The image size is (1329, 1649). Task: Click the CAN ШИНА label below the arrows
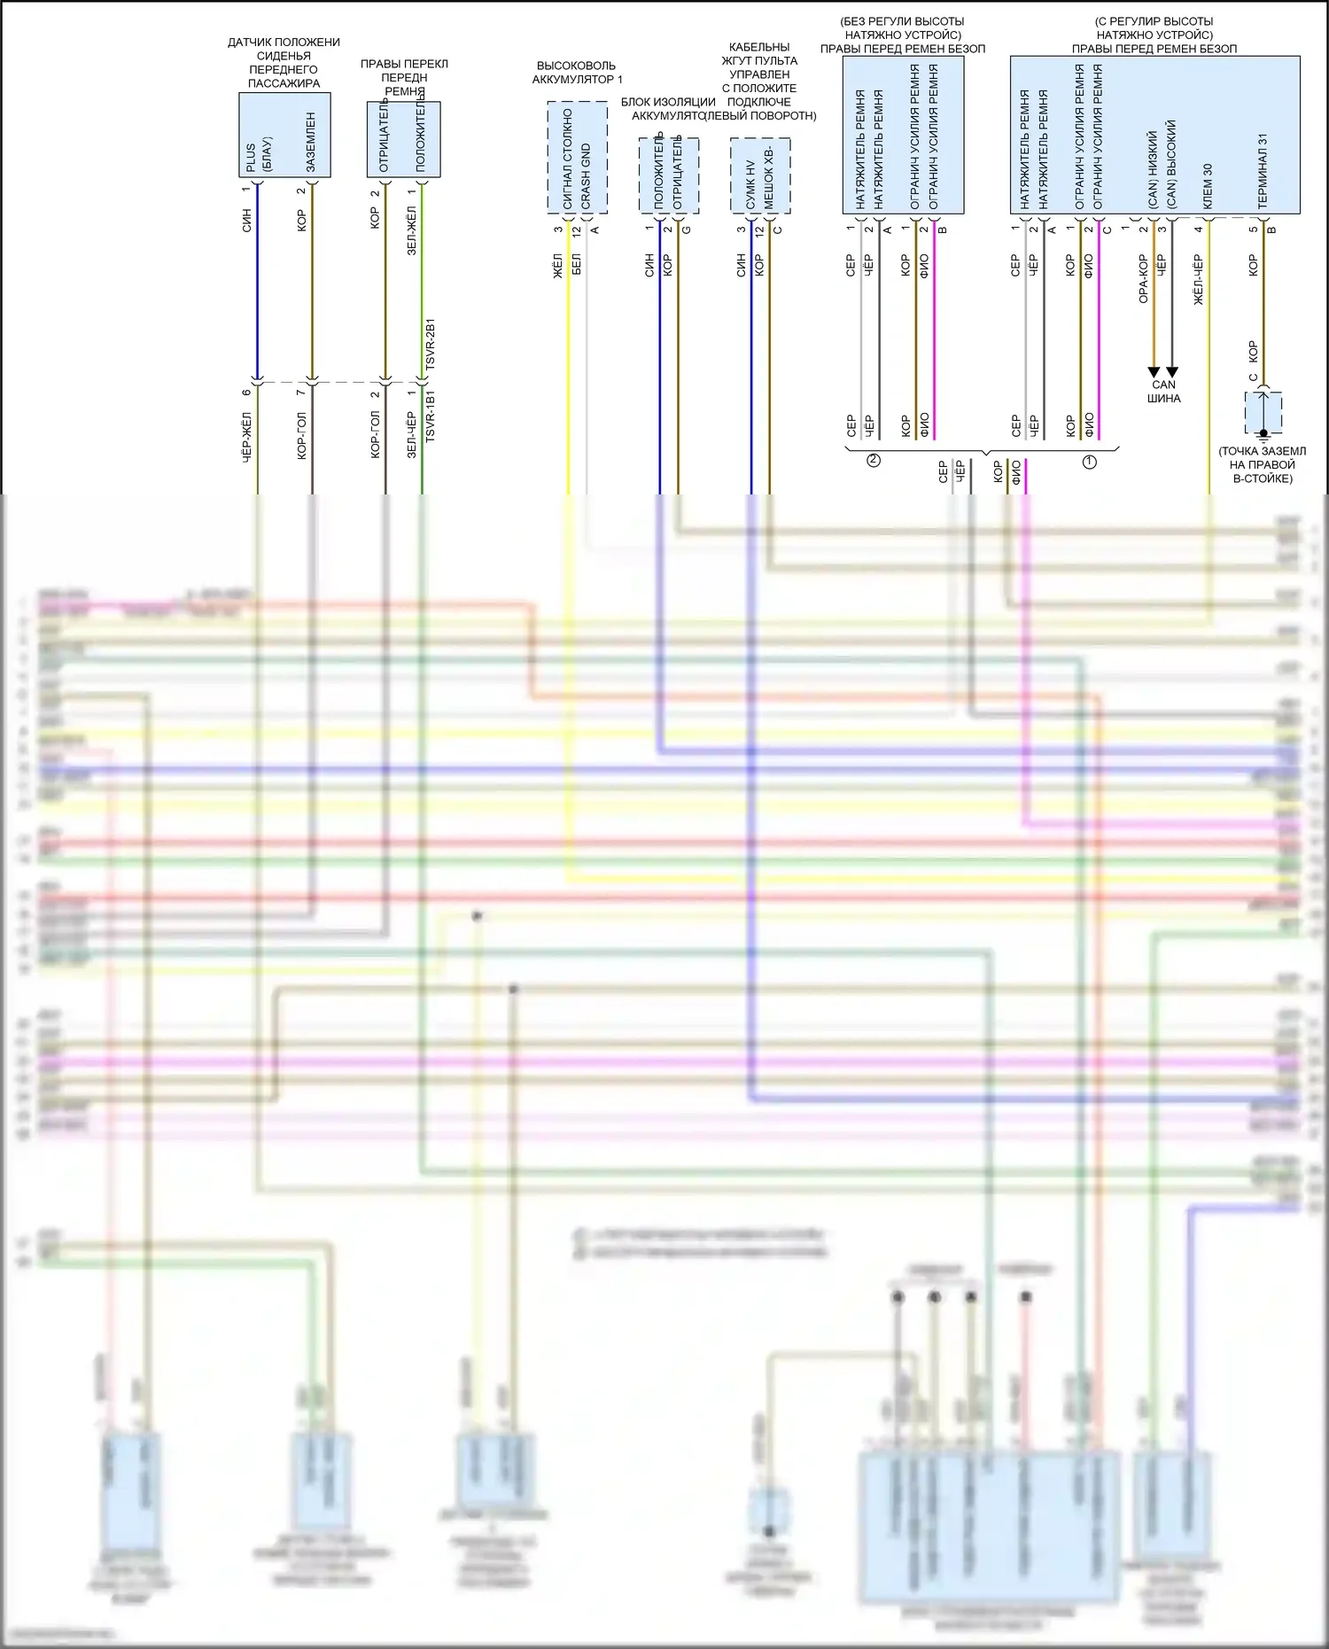tap(1163, 392)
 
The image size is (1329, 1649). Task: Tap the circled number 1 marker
tap(1090, 462)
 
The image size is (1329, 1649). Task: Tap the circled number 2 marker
tap(874, 460)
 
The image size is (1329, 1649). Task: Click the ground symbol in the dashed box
tap(1264, 433)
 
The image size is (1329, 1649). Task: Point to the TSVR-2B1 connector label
tap(430, 345)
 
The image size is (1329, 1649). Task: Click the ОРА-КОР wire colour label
tap(1143, 279)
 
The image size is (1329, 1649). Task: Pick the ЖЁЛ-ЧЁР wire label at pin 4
tap(1198, 280)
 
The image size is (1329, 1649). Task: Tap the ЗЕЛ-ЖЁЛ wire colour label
tap(411, 231)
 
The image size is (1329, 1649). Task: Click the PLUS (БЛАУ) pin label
tap(258, 154)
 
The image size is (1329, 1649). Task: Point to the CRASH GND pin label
tap(586, 177)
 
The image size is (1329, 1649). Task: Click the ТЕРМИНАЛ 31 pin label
tap(1263, 172)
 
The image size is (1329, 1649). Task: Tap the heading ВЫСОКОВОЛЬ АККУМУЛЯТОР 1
tap(576, 73)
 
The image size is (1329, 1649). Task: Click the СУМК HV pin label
tap(750, 185)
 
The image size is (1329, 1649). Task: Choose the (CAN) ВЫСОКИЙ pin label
tap(1171, 165)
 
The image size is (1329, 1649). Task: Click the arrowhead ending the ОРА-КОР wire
tap(1154, 372)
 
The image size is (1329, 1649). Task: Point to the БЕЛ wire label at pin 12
tap(577, 264)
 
